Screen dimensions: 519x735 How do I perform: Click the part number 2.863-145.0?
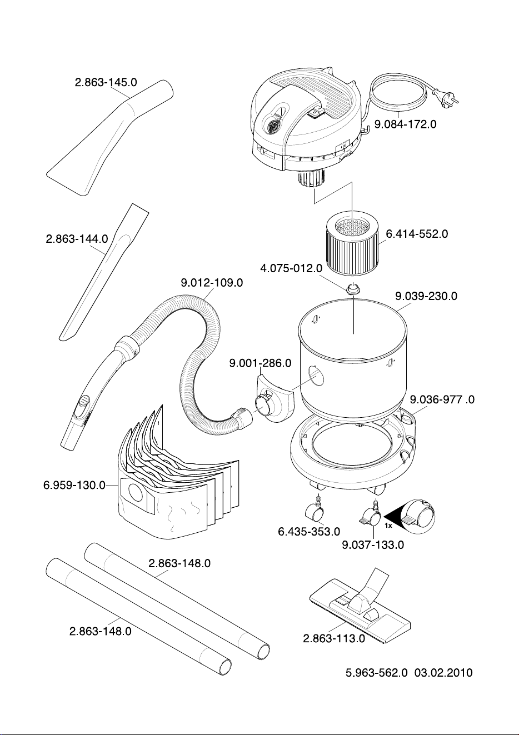(106, 82)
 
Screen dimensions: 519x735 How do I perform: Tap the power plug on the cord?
(446, 98)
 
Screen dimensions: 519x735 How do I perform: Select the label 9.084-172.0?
(406, 124)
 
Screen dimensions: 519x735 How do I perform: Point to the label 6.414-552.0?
(417, 234)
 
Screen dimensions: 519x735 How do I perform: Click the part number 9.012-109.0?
(212, 283)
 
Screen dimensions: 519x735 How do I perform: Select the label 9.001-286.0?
(260, 363)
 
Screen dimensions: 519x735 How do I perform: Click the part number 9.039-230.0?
(426, 296)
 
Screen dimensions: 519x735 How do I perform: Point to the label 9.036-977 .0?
(442, 399)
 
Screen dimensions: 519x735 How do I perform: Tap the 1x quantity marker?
(388, 526)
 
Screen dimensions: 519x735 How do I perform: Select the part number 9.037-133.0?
(373, 545)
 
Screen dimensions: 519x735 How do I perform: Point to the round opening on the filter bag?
(135, 492)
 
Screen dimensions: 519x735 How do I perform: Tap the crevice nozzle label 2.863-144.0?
(77, 238)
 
